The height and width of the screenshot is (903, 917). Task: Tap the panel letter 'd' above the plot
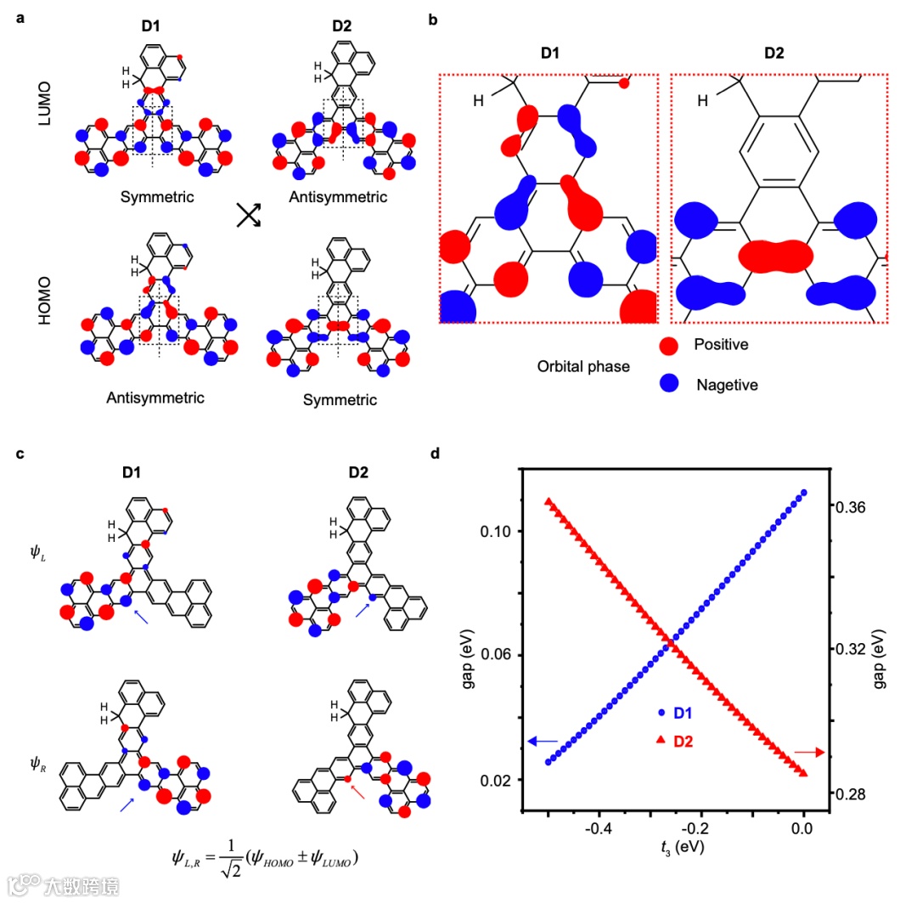click(436, 454)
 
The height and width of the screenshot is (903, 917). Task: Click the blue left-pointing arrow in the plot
click(542, 742)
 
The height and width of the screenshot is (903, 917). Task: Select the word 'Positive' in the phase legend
click(721, 345)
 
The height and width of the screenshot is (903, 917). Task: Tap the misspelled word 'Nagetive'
click(726, 385)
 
